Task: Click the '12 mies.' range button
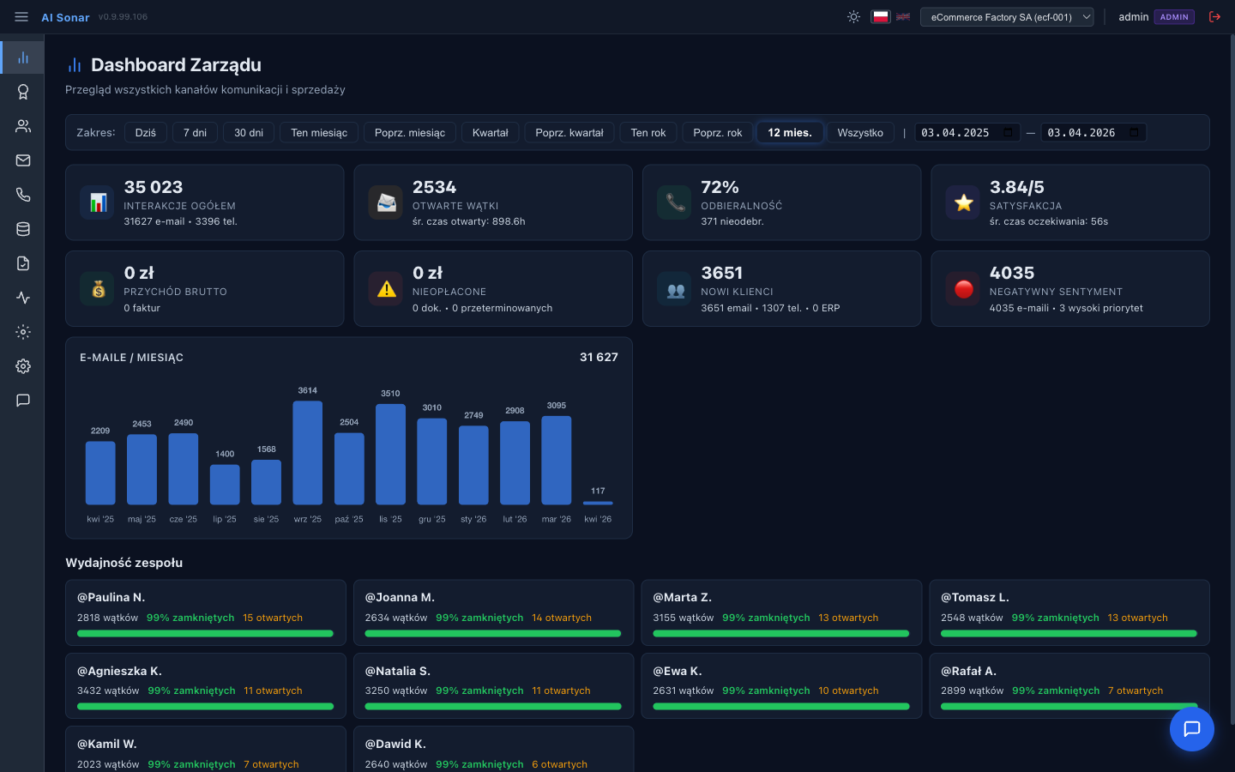coord(789,133)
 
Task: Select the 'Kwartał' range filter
coord(490,133)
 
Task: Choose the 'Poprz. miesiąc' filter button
coord(409,133)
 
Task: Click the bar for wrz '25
coord(307,453)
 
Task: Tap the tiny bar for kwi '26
coord(598,503)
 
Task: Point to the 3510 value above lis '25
coord(390,394)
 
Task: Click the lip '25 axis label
coord(225,519)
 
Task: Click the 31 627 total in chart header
coord(599,357)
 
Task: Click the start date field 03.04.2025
coord(955,133)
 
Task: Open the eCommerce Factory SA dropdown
coord(1006,17)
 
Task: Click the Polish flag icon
coord(881,17)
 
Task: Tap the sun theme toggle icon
coord(853,17)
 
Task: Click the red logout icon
coord(1214,17)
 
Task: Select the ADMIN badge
coord(1174,17)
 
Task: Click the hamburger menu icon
coord(21,17)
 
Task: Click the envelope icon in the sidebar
coord(23,160)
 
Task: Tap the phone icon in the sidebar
coord(23,195)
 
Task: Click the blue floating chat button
coord(1191,729)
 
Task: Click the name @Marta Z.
coord(683,597)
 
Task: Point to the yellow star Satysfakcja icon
coord(963,202)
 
